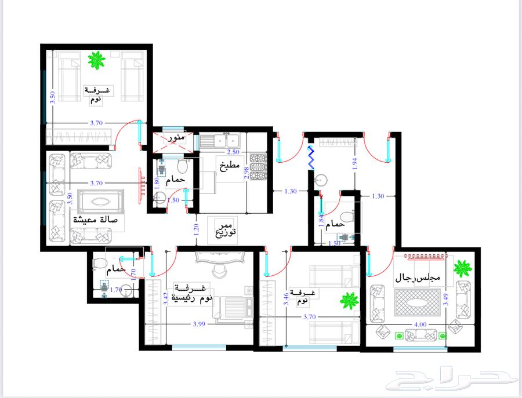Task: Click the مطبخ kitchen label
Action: (230, 166)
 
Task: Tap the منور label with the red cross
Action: (176, 138)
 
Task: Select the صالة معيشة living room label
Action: (96, 220)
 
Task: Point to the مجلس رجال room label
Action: (418, 277)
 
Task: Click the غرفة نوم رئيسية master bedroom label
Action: (192, 293)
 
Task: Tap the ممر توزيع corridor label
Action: (226, 229)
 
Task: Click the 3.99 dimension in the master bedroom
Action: (199, 324)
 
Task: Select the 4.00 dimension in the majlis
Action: (420, 324)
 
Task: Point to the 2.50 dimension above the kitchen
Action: (233, 152)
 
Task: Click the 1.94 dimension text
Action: (354, 164)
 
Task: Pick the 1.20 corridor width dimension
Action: (196, 230)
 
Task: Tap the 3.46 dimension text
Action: (286, 299)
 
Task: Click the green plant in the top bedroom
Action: (96, 60)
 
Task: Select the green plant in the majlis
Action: (462, 269)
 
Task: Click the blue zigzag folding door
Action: (310, 158)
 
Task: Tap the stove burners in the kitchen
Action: (258, 167)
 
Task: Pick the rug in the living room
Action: (100, 202)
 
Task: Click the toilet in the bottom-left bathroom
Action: (98, 264)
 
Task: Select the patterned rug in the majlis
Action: (417, 302)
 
